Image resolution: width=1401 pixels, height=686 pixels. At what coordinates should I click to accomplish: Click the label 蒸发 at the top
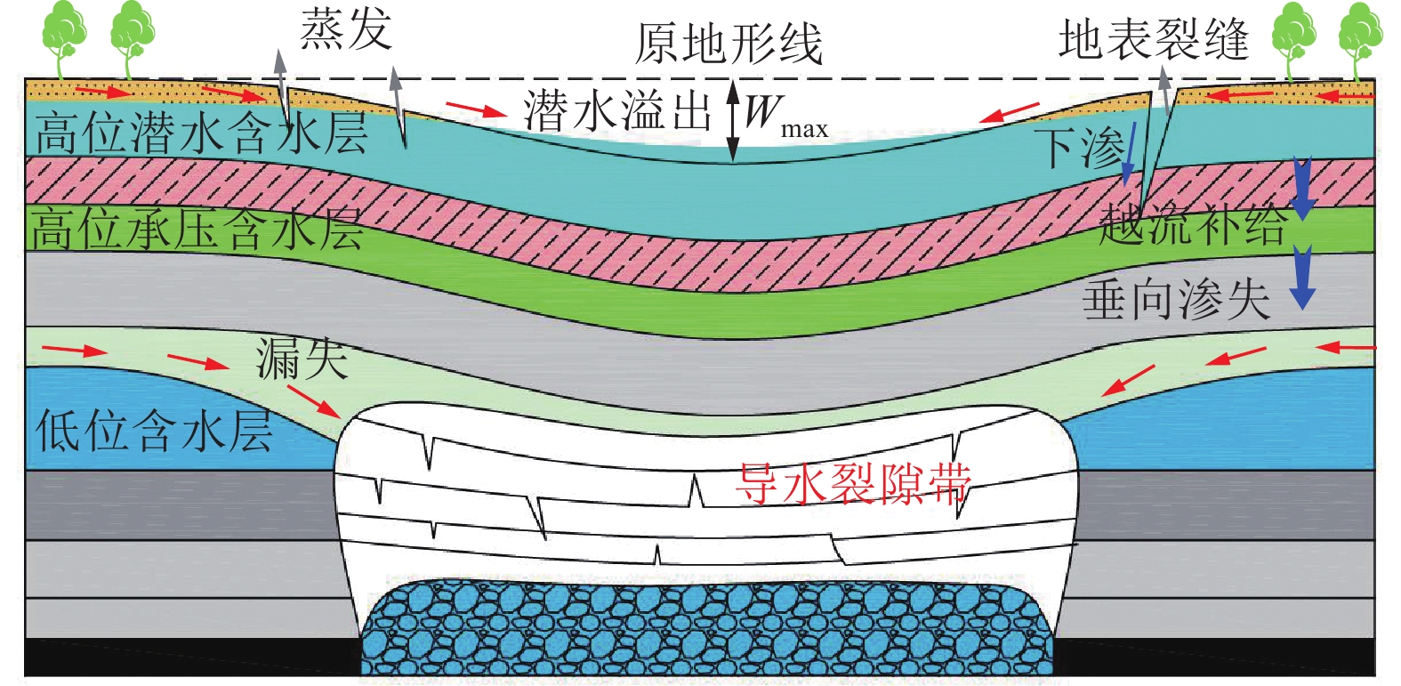point(346,30)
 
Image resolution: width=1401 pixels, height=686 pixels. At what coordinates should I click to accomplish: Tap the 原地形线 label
point(729,44)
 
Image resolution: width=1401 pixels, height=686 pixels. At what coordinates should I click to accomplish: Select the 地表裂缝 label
point(1154,41)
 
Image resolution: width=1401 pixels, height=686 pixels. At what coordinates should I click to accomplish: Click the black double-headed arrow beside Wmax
point(733,122)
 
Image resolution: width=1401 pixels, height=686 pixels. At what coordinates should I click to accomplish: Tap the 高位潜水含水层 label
point(201,133)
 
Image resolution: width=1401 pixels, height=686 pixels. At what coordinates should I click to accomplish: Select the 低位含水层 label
point(154,431)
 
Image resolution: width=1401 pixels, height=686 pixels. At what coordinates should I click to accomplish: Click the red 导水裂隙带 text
point(853,484)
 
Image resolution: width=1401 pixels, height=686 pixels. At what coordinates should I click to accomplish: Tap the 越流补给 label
point(1193,224)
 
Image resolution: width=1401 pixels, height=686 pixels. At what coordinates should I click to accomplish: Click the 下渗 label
point(1083,147)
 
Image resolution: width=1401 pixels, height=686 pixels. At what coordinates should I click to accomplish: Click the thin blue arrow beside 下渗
point(1130,153)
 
